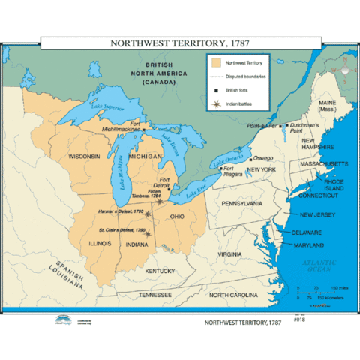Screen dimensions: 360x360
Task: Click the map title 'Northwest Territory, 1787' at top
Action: pyautogui.click(x=180, y=43)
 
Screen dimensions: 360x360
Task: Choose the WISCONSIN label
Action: pyautogui.click(x=85, y=157)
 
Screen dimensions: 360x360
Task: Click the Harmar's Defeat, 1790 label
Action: pyautogui.click(x=119, y=212)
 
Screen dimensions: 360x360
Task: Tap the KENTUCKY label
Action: pyautogui.click(x=160, y=270)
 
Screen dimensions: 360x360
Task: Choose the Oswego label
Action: pyautogui.click(x=262, y=158)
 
